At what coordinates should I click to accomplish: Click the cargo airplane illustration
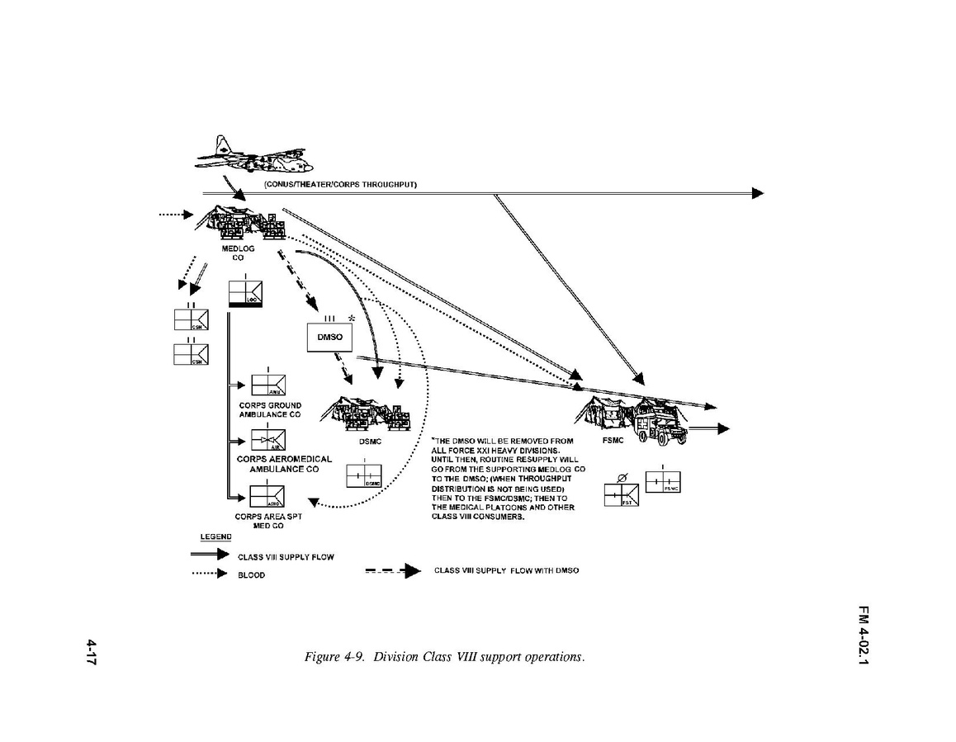tap(234, 154)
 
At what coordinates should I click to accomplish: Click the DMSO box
tap(329, 337)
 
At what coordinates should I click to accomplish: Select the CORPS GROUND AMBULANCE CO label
tap(270, 410)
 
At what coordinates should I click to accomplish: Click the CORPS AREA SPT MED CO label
tap(268, 521)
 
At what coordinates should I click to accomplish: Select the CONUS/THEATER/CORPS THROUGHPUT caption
tap(340, 184)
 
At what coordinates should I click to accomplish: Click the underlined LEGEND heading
tap(215, 537)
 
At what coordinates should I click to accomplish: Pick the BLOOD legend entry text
tap(252, 575)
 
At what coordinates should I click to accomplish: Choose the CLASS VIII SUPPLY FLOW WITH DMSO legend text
tap(506, 571)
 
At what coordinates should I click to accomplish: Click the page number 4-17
tap(92, 651)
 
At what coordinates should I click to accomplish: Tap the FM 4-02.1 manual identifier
tap(863, 636)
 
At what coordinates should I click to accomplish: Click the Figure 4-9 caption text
tap(444, 657)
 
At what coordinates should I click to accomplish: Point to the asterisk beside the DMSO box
tap(352, 319)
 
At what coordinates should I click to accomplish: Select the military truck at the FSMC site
tap(658, 428)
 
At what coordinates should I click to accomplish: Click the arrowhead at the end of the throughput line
tap(757, 193)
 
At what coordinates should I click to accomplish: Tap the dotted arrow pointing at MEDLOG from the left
tap(175, 215)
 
